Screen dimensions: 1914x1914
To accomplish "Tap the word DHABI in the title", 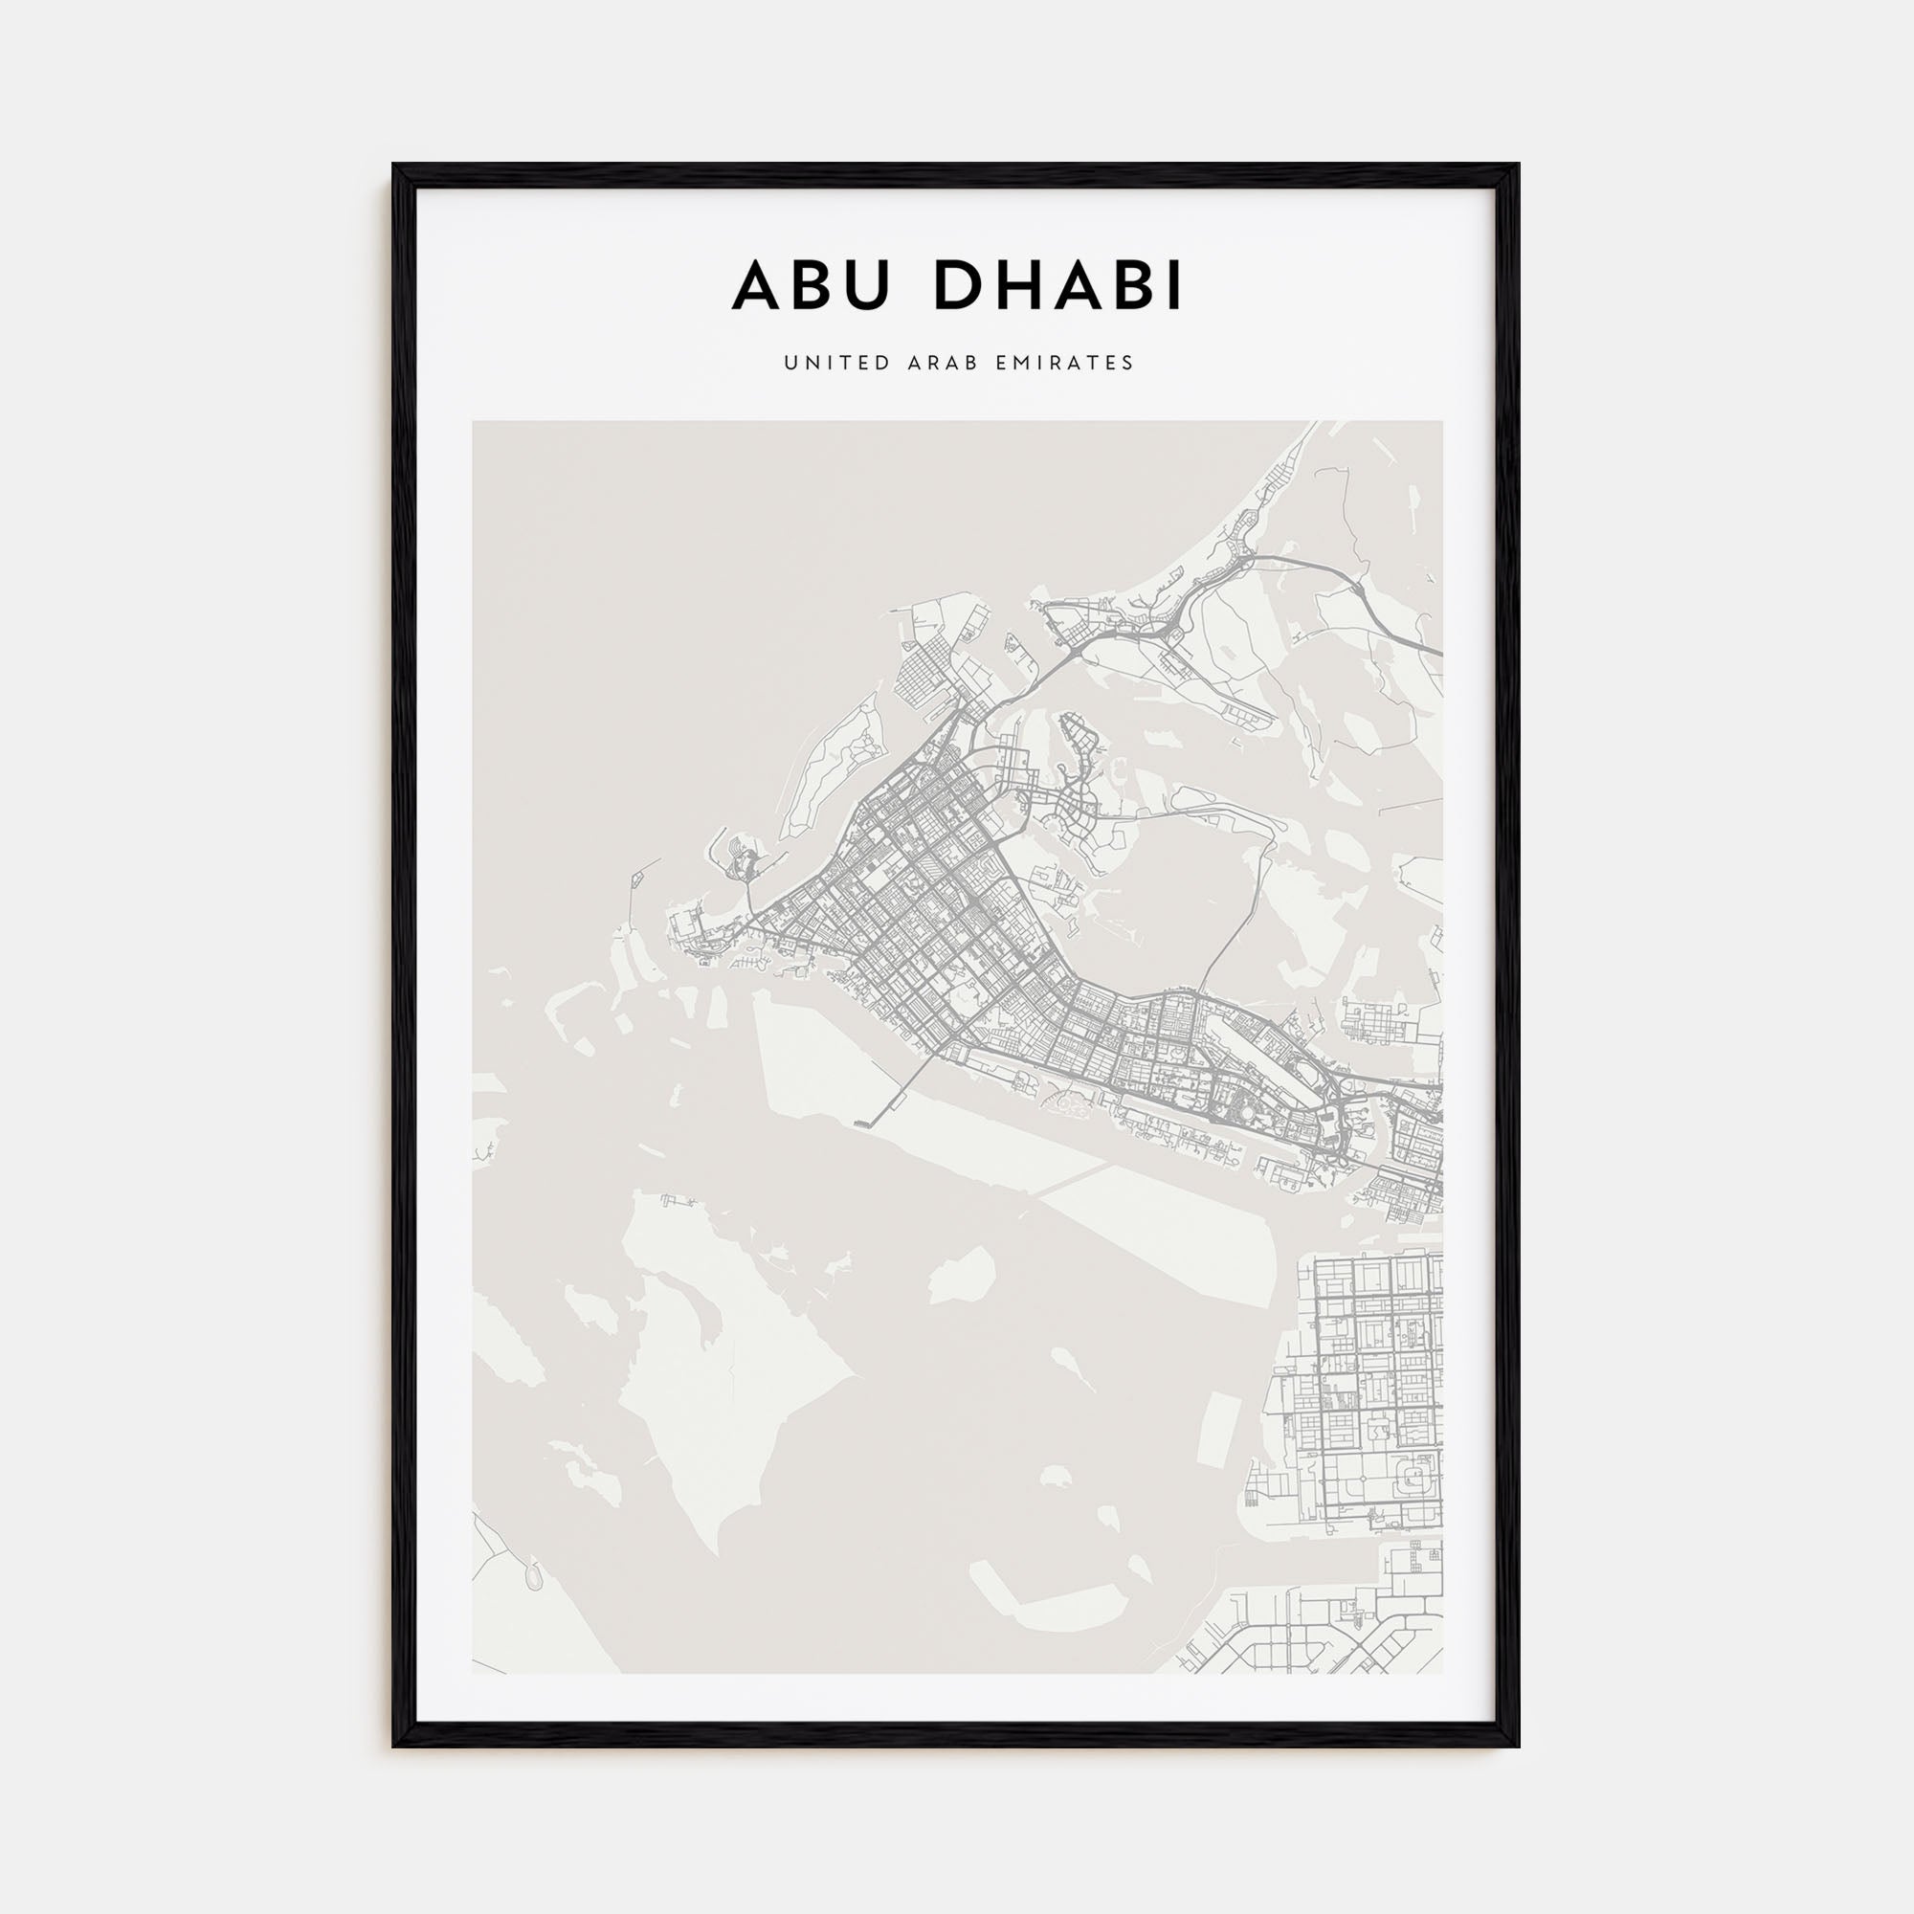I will coord(1057,286).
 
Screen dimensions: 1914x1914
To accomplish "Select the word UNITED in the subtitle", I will coord(824,363).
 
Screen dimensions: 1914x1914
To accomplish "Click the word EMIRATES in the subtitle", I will coord(1068,363).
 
